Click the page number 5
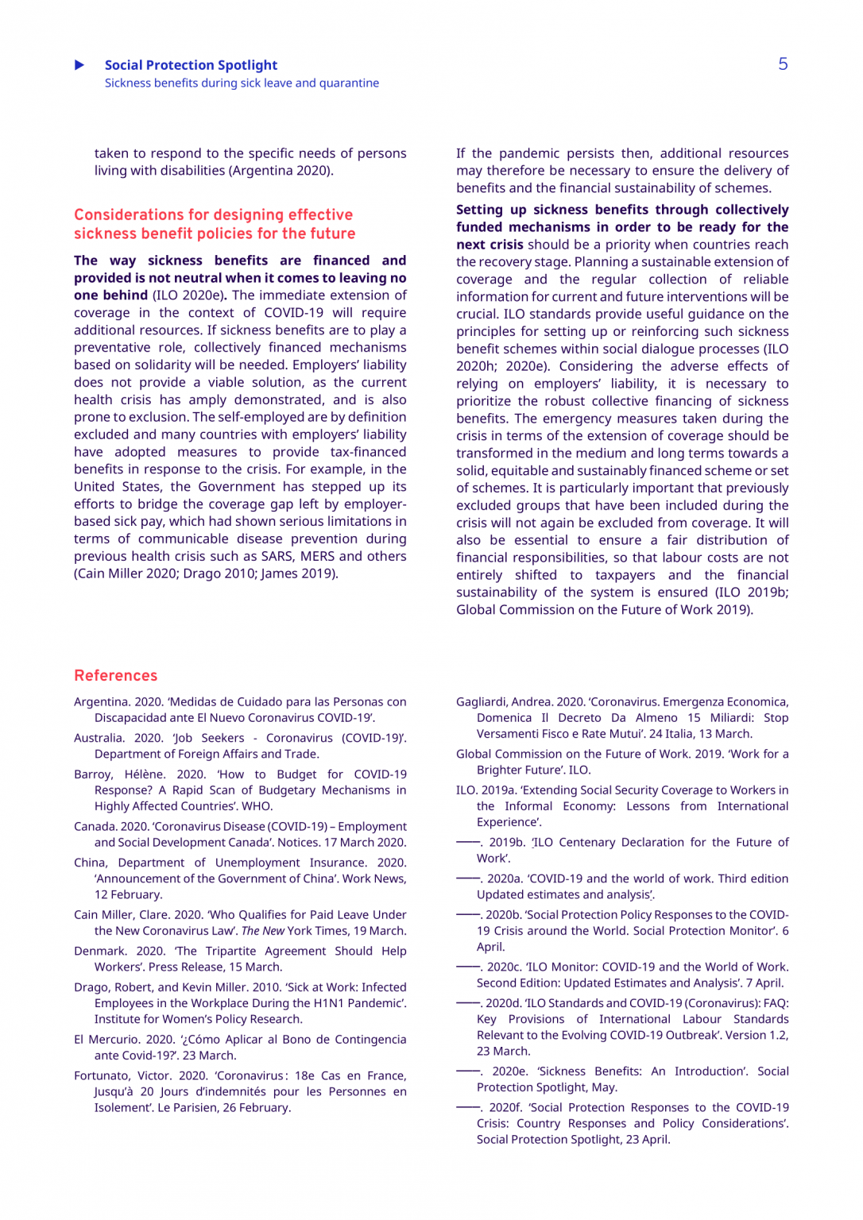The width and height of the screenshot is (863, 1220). pyautogui.click(x=783, y=64)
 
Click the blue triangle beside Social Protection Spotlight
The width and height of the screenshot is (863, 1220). pyautogui.click(x=79, y=65)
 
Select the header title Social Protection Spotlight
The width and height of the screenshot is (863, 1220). pyautogui.click(x=191, y=65)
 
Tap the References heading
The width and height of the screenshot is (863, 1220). pyautogui.click(x=116, y=676)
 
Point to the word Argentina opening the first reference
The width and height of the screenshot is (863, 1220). pyautogui.click(x=101, y=702)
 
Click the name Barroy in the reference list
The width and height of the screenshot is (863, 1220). pyautogui.click(x=93, y=774)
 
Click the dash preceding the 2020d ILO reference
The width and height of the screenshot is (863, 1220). pyautogui.click(x=467, y=1003)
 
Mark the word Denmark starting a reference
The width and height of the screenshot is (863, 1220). pyautogui.click(x=99, y=952)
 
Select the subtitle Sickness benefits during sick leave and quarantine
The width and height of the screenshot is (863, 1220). pyautogui.click(x=242, y=83)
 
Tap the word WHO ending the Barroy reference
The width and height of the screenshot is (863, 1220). pyautogui.click(x=257, y=806)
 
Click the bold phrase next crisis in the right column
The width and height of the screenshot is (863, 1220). pyautogui.click(x=490, y=245)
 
